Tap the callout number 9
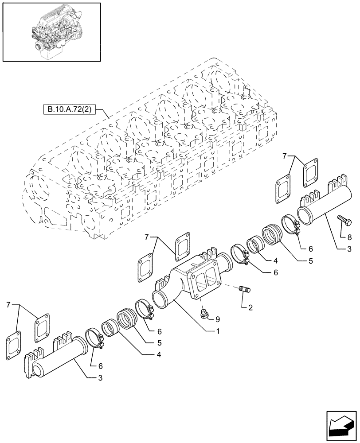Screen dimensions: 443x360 point(218,319)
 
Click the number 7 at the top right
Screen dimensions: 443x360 point(285,156)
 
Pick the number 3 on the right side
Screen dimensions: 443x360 point(350,250)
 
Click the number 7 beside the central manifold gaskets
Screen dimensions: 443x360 point(147,238)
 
